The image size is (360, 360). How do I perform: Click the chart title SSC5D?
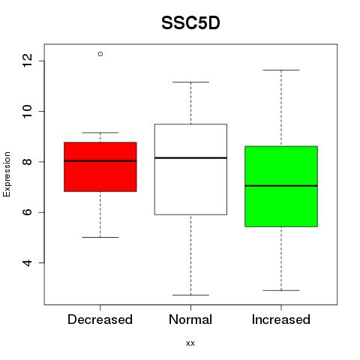coord(190,23)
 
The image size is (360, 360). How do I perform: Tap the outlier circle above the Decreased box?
coord(100,54)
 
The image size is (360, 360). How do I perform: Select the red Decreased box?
coord(100,166)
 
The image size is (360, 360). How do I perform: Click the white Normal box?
coord(190,169)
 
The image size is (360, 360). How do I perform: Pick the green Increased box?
coord(281,186)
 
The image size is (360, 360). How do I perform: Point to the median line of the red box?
coord(100,160)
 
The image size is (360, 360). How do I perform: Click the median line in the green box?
coord(281,186)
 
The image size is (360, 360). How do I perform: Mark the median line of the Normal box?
coord(190,157)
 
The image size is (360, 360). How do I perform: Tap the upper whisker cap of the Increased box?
coord(281,70)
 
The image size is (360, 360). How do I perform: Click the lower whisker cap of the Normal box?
coord(190,295)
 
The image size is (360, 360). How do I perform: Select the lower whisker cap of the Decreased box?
coord(100,237)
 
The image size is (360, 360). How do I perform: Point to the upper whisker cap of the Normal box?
coord(190,82)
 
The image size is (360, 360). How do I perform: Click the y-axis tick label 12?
coord(27,61)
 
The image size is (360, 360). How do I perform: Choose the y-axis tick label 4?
coord(27,262)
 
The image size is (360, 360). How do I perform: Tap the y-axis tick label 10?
coord(27,111)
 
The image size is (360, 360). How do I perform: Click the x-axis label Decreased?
coord(100,319)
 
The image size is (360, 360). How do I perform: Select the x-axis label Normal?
coord(190,319)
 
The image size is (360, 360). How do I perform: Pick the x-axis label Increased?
coord(281,319)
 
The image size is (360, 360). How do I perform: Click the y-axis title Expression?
coord(7,174)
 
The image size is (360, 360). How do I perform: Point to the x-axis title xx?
coord(190,343)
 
